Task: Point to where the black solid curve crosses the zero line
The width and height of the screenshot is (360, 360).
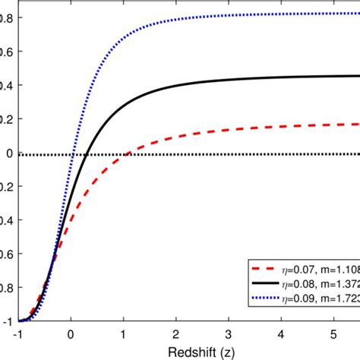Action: click(87, 154)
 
